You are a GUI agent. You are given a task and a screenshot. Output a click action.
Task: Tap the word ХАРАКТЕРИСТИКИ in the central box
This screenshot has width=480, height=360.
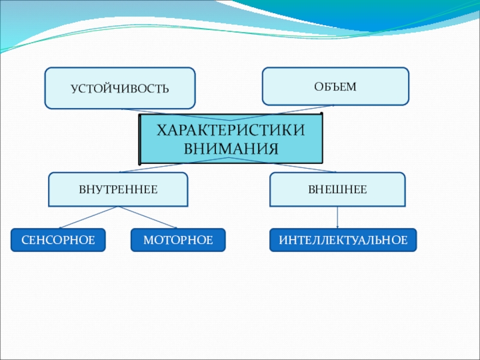click(230, 131)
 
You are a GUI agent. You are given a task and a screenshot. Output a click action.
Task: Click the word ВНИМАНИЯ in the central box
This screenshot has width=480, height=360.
click(230, 148)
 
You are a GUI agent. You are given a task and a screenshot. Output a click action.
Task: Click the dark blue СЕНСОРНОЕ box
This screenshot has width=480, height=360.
click(58, 240)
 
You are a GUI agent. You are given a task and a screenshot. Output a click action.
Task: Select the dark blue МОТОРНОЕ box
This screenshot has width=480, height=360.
click(178, 240)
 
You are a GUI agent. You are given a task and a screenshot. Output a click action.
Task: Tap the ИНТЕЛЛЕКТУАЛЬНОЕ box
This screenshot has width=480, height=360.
click(343, 240)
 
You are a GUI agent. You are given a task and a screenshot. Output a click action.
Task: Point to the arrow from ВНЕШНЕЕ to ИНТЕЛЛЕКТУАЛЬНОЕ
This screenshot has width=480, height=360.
click(337, 217)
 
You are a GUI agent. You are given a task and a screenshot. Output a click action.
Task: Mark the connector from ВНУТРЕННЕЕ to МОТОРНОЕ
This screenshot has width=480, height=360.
click(148, 217)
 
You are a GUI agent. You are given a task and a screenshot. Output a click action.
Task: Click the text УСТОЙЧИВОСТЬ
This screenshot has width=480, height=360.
click(120, 89)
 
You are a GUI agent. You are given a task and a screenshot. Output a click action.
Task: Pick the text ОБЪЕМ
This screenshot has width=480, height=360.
click(335, 86)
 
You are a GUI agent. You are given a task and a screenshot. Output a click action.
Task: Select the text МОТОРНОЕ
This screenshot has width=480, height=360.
click(178, 240)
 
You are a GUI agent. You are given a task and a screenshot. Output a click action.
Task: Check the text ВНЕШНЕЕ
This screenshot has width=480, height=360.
click(337, 189)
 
